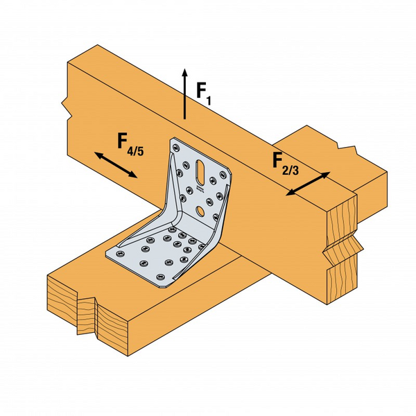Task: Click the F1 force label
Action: pyautogui.click(x=202, y=92)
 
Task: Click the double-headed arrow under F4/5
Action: pyautogui.click(x=115, y=166)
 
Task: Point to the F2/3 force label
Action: pyautogui.click(x=284, y=164)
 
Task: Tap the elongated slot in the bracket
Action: pyautogui.click(x=200, y=169)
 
